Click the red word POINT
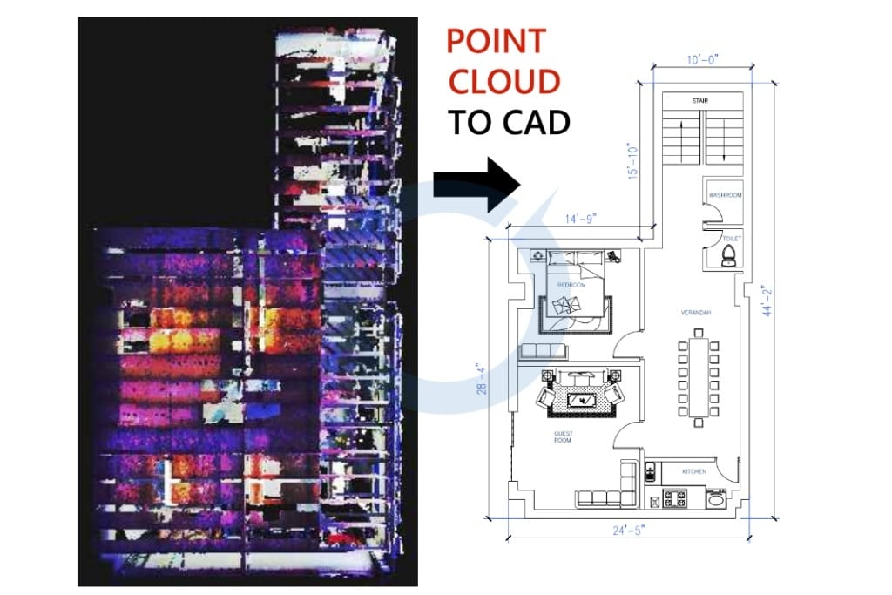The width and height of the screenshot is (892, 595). (x=496, y=41)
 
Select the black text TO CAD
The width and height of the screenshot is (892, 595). (x=509, y=122)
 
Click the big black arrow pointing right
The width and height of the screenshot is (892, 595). (x=476, y=185)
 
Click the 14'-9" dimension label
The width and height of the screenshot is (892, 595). (x=580, y=218)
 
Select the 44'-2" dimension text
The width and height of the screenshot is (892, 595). (x=767, y=300)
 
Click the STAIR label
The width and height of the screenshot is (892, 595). (x=700, y=101)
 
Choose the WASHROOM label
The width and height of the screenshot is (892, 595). (x=725, y=195)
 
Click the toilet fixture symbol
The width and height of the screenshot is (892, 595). (x=730, y=253)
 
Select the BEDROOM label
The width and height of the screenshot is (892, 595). (x=571, y=285)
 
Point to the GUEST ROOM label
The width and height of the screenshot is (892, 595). (x=563, y=437)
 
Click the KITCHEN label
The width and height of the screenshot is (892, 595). (x=694, y=471)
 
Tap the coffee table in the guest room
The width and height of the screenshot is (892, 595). (x=582, y=400)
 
